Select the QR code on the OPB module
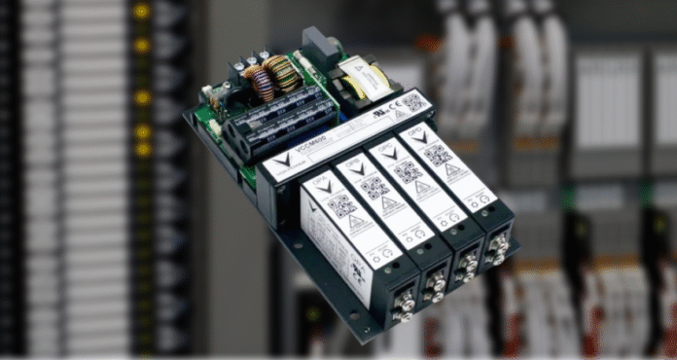[x=374, y=188]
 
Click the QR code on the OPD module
[x=440, y=153]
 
